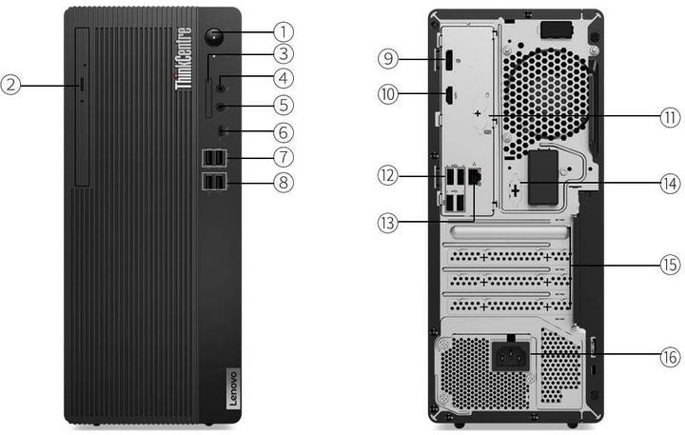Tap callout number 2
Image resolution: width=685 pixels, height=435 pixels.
(x=10, y=85)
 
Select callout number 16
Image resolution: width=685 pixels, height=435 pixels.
(x=672, y=357)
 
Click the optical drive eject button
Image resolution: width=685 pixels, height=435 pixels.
(x=81, y=85)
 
